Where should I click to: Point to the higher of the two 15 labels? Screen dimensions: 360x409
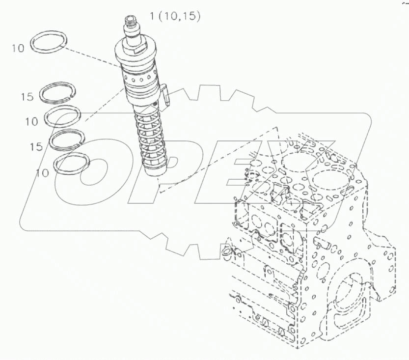(27, 97)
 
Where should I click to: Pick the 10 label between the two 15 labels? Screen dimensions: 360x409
(31, 121)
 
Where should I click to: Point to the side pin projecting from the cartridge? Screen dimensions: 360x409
(165, 94)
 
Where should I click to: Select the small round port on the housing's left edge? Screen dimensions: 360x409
(226, 252)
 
